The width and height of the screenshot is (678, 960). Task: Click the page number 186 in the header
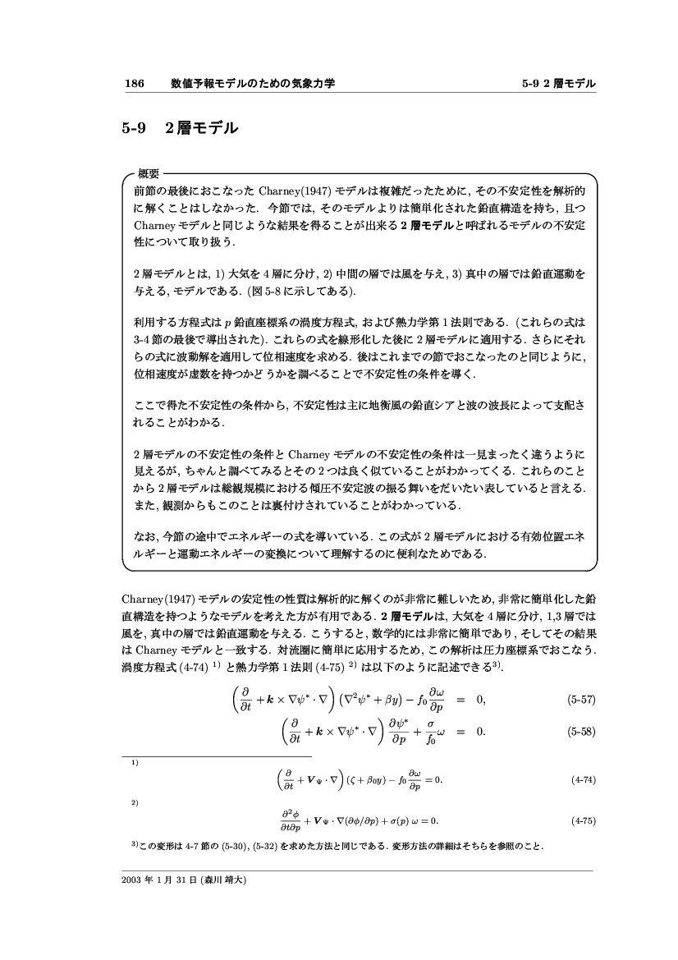pos(134,84)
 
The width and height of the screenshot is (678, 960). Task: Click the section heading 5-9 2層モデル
pos(180,128)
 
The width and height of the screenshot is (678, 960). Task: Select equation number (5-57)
pos(580,700)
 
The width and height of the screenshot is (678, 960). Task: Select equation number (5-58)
pos(580,733)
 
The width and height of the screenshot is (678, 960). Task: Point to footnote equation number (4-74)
pos(582,780)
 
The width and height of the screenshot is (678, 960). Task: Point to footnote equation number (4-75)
pos(582,820)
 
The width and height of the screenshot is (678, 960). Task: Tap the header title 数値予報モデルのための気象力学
pos(253,84)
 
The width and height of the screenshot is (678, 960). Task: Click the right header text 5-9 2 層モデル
pos(557,84)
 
